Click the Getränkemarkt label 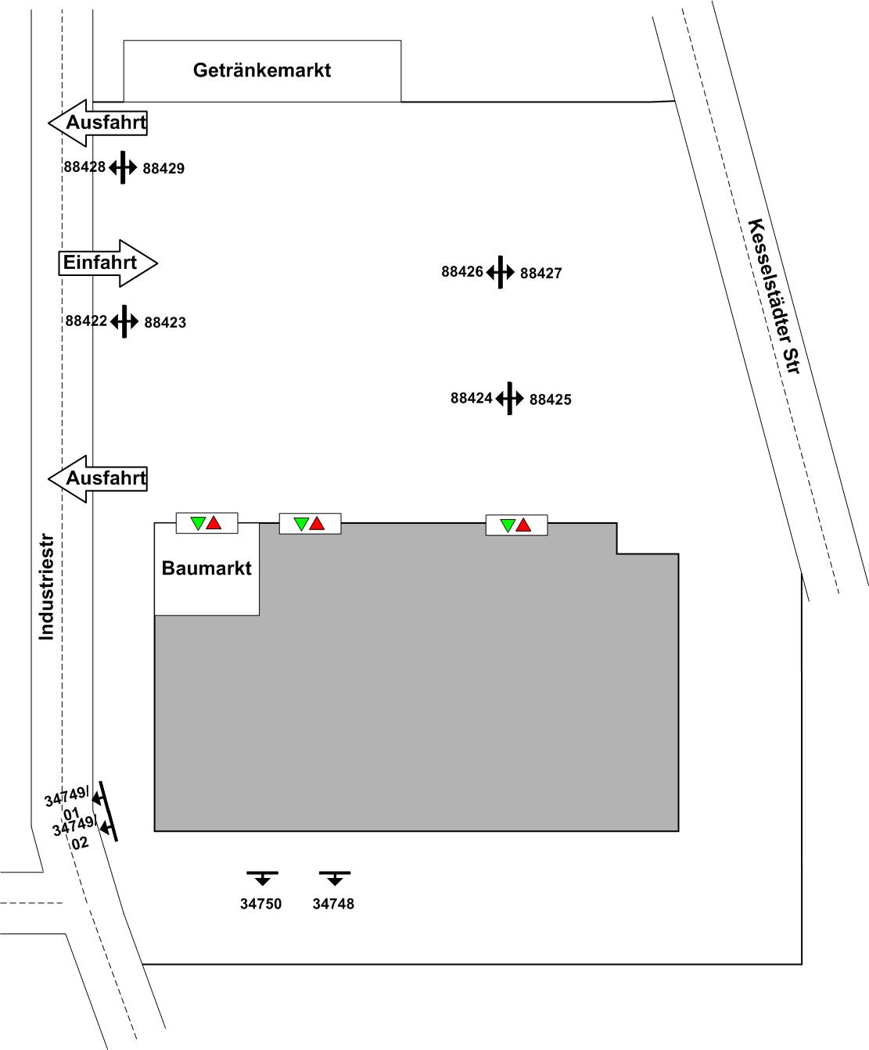(x=262, y=70)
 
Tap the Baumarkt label (x=206, y=568)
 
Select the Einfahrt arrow (x=108, y=263)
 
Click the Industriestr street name (x=46, y=587)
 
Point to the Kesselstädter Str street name (x=774, y=296)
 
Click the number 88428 (x=84, y=167)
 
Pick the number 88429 (x=163, y=168)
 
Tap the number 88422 (x=86, y=321)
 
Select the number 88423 (x=165, y=322)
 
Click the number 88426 (x=462, y=271)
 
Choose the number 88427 (x=541, y=273)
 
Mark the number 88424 (x=472, y=398)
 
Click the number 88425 (x=551, y=400)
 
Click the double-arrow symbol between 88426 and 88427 (x=500, y=272)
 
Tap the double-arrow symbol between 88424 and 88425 (x=510, y=399)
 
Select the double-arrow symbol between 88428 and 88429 (x=123, y=167)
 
